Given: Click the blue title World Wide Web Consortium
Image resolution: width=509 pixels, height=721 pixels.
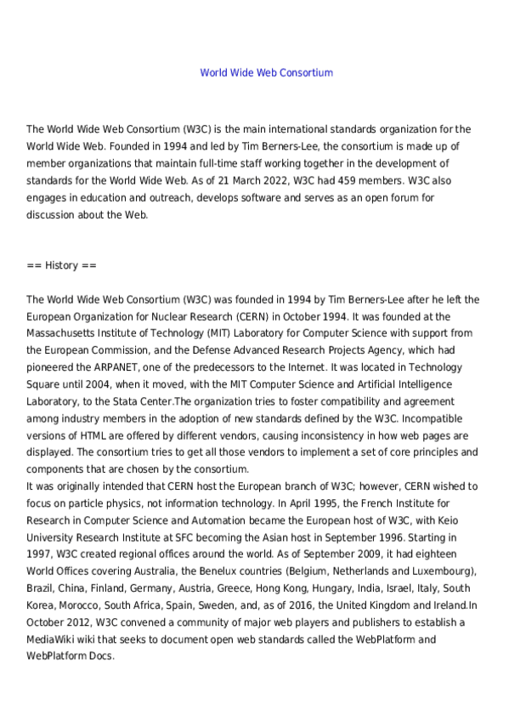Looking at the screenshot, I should pyautogui.click(x=266, y=72).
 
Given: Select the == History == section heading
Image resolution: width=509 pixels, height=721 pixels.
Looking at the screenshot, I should pyautogui.click(x=62, y=265).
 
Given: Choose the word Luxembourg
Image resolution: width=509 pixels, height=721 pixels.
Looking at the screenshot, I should pyautogui.click(x=445, y=571).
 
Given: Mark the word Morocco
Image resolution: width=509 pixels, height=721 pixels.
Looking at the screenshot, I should pyautogui.click(x=82, y=605).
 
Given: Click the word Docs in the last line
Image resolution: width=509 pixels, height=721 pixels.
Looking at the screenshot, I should pyautogui.click(x=99, y=656).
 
